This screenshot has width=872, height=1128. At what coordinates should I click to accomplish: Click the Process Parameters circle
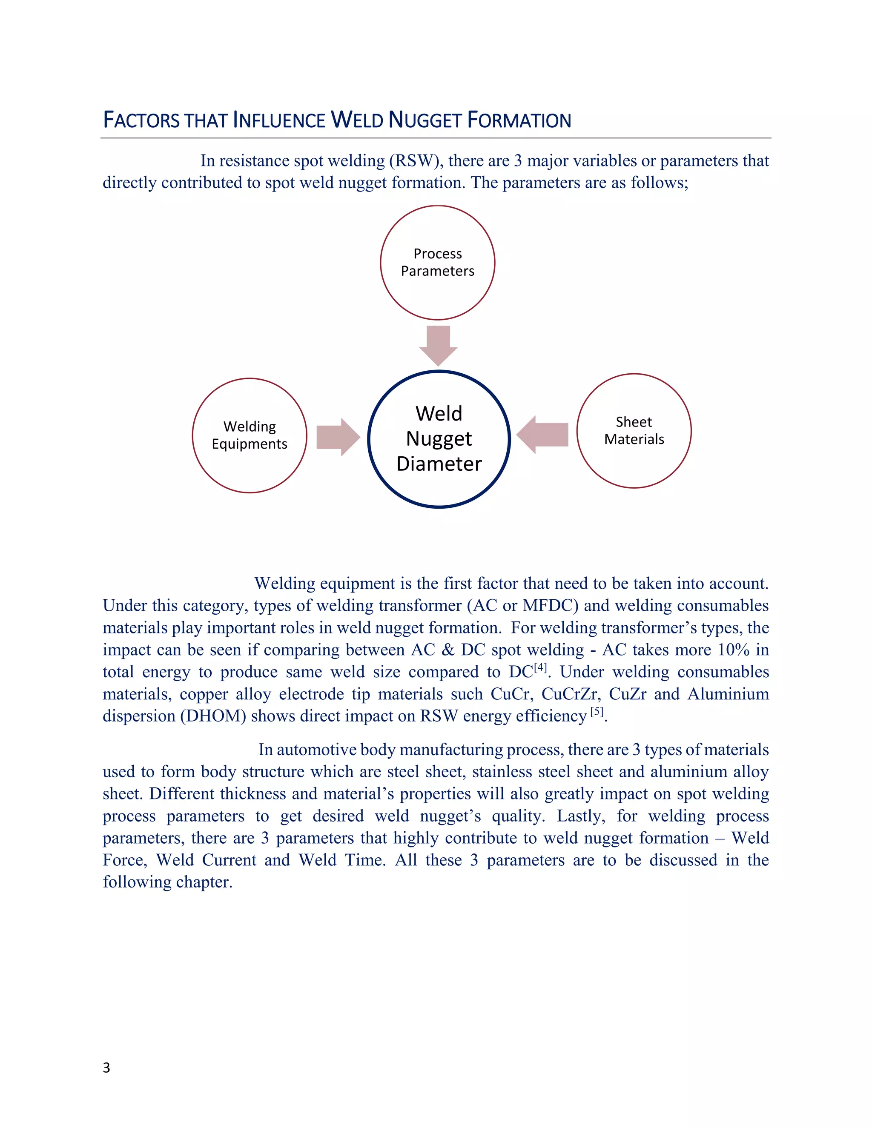[438, 262]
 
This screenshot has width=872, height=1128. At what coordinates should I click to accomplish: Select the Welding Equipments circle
[250, 435]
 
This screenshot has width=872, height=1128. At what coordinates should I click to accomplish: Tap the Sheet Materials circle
[634, 430]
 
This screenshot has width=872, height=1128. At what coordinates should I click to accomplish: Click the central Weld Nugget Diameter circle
[439, 439]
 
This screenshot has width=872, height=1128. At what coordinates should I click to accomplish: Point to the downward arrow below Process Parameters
[438, 345]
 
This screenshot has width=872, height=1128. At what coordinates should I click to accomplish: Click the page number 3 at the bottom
[106, 1068]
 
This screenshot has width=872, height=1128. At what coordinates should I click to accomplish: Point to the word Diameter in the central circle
[439, 464]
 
